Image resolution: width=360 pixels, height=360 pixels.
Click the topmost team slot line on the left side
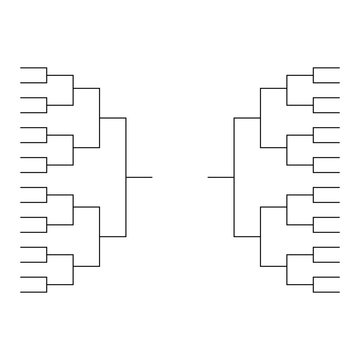point(33,67)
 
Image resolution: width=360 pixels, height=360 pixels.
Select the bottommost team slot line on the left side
point(33,291)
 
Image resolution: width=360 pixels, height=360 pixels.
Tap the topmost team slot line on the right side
point(326,67)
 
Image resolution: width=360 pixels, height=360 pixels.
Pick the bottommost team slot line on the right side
point(326,291)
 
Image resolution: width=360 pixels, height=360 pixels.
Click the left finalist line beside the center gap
point(139,177)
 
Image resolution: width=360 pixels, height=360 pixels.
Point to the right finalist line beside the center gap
point(220,177)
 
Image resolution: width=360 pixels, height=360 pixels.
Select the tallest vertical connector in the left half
point(126,177)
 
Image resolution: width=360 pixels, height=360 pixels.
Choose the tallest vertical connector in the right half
point(233,177)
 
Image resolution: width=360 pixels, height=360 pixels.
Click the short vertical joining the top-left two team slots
point(47,74)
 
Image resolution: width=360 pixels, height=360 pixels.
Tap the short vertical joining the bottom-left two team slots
point(47,284)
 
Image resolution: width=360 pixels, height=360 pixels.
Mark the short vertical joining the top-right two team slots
point(313,74)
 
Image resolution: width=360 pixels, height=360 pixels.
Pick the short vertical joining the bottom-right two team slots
point(313,284)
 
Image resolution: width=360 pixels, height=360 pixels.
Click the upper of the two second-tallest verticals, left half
point(99,118)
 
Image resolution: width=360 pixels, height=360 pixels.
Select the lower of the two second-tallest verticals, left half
point(99,237)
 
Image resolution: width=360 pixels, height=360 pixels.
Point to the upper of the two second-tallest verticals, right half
point(260,118)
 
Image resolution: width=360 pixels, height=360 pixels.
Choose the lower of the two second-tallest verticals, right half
point(260,237)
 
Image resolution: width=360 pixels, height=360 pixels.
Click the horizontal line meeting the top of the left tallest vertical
point(112,118)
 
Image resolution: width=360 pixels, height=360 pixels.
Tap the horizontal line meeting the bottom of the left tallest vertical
point(112,237)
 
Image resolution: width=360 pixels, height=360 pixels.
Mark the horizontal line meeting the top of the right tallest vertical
point(247,118)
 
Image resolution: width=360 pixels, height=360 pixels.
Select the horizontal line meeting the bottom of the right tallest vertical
point(247,237)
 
